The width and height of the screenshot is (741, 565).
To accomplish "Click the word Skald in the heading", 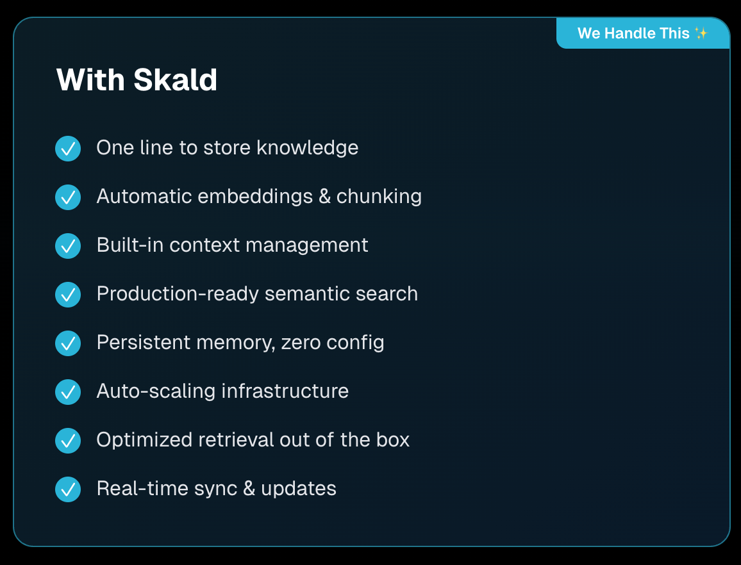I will tap(175, 81).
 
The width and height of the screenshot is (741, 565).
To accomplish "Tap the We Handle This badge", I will tap(642, 33).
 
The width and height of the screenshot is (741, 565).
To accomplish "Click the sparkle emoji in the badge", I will tap(701, 33).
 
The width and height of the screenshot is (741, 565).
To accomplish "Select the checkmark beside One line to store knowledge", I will tap(68, 149).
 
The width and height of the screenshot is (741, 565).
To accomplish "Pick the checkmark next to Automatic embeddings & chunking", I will tap(68, 197).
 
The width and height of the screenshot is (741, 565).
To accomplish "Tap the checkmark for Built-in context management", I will tap(68, 246).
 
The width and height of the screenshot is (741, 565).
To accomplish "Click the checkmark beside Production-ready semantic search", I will tap(68, 295).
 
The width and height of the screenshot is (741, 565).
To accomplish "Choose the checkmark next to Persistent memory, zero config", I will tap(68, 343).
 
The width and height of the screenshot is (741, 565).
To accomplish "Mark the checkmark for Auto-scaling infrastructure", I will tap(68, 392).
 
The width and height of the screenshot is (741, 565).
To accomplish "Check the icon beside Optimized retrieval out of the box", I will tap(68, 441).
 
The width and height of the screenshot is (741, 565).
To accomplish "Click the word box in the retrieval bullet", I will tap(393, 440).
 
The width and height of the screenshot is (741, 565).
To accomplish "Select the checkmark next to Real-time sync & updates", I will tap(68, 489).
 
